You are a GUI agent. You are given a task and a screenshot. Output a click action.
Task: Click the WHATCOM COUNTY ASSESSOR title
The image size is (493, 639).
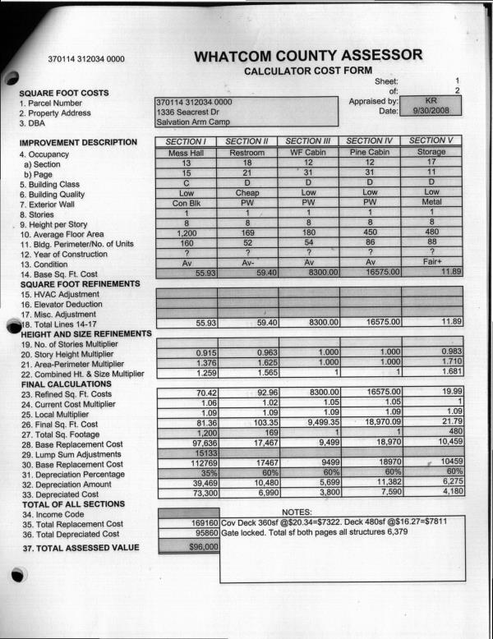[309, 56]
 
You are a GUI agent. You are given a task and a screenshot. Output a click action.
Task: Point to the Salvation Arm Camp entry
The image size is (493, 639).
[191, 123]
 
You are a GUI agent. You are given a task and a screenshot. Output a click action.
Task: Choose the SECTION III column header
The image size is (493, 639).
[309, 141]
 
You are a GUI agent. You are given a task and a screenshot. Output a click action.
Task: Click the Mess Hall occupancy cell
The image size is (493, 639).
[186, 153]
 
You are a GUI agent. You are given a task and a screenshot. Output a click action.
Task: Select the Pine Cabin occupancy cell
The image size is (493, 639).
[370, 153]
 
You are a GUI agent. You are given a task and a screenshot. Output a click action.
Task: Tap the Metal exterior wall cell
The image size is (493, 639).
[431, 203]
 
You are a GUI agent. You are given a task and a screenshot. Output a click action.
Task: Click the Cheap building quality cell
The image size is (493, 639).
[247, 193]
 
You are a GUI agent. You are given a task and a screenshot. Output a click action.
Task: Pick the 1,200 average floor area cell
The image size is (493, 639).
[186, 233]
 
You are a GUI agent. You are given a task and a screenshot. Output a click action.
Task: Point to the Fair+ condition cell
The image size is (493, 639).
[431, 264]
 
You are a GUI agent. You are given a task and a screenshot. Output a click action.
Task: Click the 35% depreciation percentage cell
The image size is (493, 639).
[186, 474]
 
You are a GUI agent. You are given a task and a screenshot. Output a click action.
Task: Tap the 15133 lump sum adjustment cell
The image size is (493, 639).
[186, 453]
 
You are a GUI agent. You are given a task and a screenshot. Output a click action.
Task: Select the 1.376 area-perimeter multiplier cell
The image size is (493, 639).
[186, 362]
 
